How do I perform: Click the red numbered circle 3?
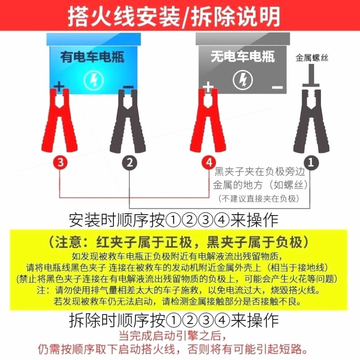[60, 162]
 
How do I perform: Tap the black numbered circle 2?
[129, 163]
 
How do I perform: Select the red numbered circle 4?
[209, 162]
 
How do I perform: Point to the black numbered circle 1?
[311, 163]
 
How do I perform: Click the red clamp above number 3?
[60, 121]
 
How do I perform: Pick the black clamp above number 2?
[128, 121]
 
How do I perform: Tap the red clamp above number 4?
[208, 121]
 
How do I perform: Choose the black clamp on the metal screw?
[311, 121]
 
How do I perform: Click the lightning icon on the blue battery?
[93, 80]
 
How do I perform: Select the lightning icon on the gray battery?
[243, 80]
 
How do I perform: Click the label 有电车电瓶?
[93, 57]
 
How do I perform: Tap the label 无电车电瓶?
[243, 57]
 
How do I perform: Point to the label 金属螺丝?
[312, 57]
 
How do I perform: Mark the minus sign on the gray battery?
[278, 87]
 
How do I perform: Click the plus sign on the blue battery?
[59, 87]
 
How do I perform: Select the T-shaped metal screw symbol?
[311, 76]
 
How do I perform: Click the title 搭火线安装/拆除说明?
[174, 16]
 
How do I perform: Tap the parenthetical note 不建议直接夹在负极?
[259, 198]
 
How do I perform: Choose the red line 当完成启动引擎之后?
[173, 336]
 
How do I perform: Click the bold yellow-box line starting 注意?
[178, 242]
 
